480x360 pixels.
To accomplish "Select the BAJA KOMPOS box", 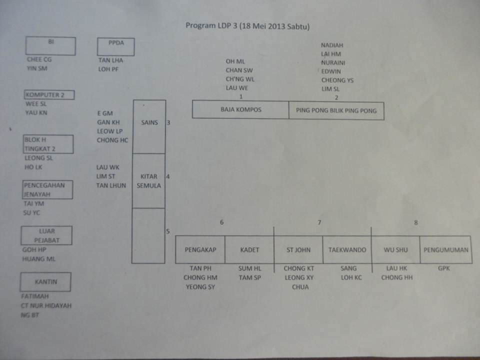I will [x=240, y=109].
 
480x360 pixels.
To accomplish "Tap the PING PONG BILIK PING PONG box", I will [x=336, y=110].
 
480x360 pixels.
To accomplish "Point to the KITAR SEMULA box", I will [x=148, y=180].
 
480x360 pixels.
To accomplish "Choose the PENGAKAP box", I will [x=200, y=250].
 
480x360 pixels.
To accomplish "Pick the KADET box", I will [x=249, y=250].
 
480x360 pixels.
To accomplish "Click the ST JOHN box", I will [x=298, y=250].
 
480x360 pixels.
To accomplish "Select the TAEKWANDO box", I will [x=347, y=250].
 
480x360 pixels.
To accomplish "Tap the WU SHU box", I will [x=395, y=250].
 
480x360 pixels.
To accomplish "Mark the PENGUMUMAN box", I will [x=445, y=250].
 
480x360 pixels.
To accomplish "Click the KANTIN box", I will [x=45, y=282].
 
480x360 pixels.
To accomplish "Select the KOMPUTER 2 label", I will [x=49, y=95].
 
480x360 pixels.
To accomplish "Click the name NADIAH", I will [x=332, y=45].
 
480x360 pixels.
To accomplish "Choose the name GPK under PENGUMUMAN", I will [x=444, y=268].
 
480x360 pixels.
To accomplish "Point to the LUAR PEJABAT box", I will [x=46, y=235].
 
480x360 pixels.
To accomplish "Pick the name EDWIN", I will [x=331, y=71].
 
